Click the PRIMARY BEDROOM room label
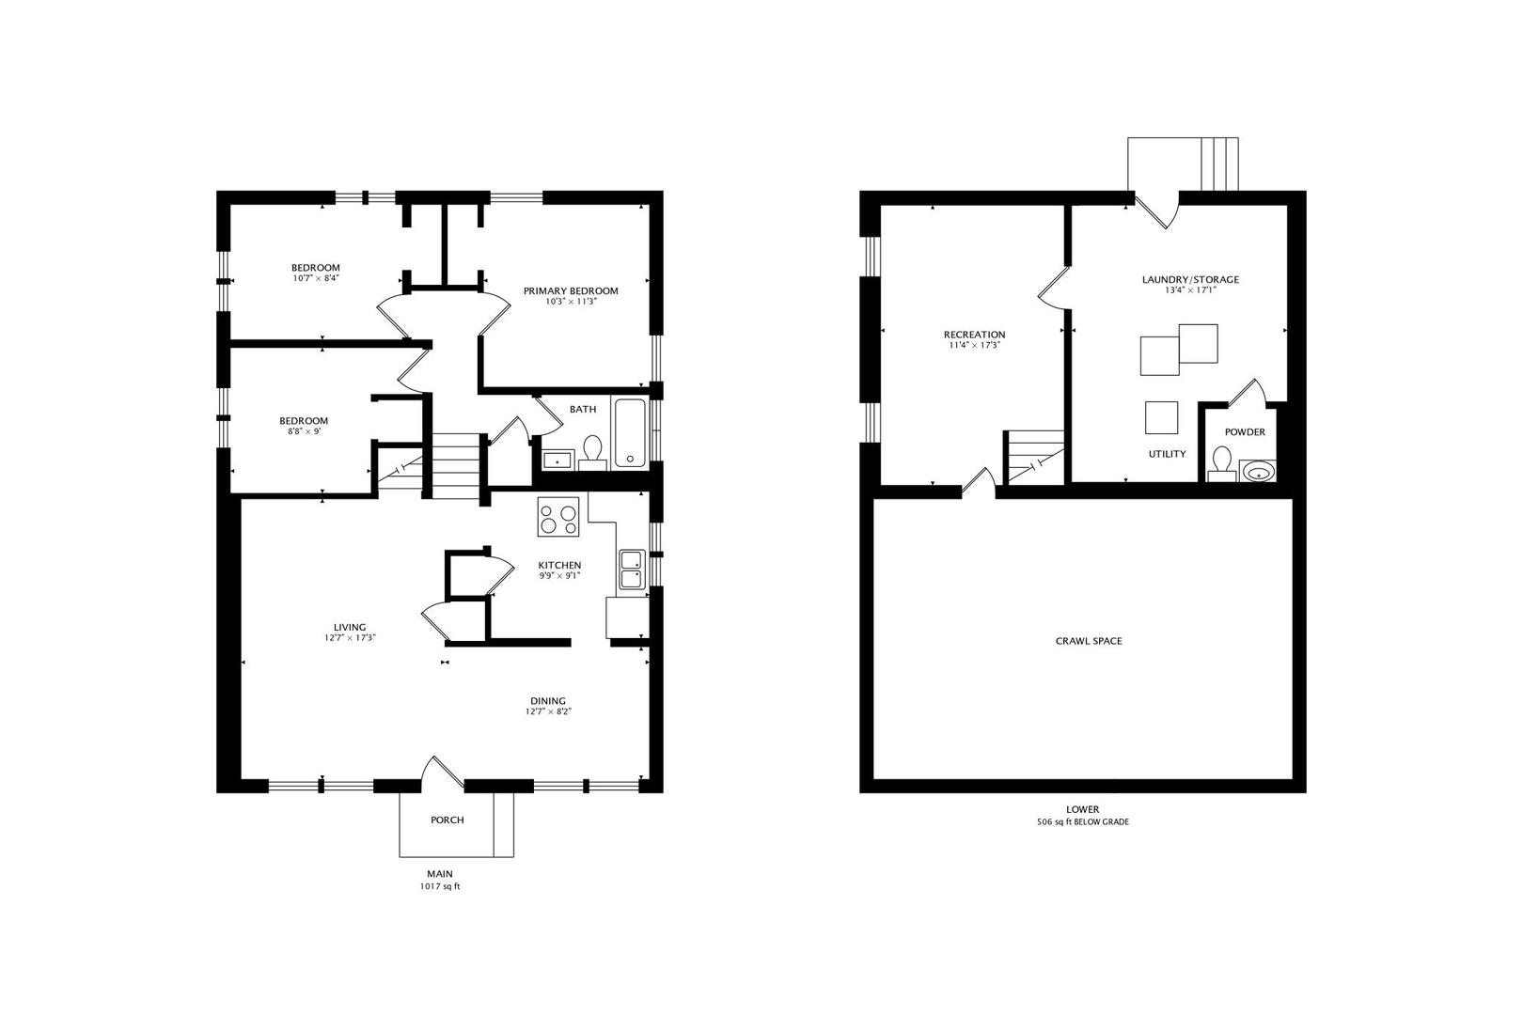click(x=571, y=290)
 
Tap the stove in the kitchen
click(x=558, y=516)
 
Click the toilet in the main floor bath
click(x=592, y=452)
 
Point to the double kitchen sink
click(x=631, y=570)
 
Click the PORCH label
click(x=447, y=820)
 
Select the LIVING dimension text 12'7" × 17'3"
click(x=350, y=638)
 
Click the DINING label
click(x=547, y=700)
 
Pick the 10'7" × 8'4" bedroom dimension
click(x=315, y=278)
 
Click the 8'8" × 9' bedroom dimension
click(x=304, y=431)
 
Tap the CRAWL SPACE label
click(x=1088, y=641)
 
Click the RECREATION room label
click(x=974, y=334)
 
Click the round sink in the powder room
click(x=1257, y=471)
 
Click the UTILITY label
click(x=1166, y=454)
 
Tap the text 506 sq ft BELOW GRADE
click(x=1082, y=822)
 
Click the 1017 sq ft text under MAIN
click(x=439, y=886)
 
